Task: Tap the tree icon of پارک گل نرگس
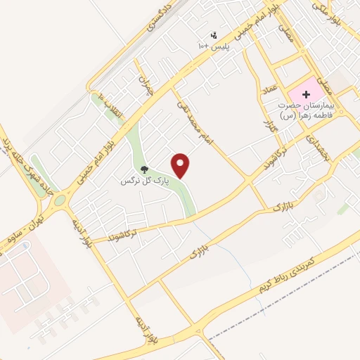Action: (x=144, y=169)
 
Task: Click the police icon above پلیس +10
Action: (x=214, y=35)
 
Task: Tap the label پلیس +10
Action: (x=213, y=46)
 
